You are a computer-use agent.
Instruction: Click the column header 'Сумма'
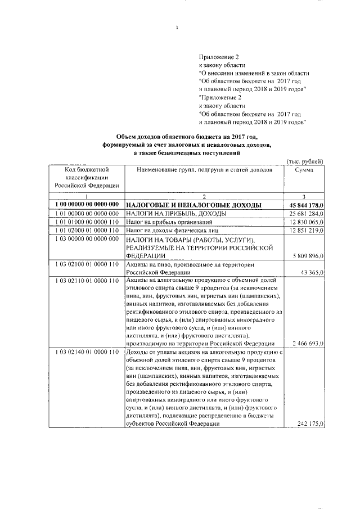[x=304, y=170]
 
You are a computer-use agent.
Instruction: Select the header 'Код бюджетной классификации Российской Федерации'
[x=86, y=177]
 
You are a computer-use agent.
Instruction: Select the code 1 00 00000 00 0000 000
[x=87, y=205]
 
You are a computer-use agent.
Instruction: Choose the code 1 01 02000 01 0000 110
[x=87, y=231]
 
